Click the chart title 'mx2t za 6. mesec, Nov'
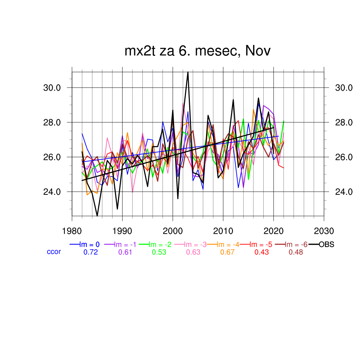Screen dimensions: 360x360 coord(198,51)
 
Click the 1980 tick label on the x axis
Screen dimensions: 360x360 coord(72,231)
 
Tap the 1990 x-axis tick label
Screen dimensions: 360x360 coord(122,231)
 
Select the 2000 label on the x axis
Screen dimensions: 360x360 coord(173,231)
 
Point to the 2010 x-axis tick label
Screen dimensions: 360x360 coord(223,231)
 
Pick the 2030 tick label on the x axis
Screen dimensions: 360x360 coord(323,231)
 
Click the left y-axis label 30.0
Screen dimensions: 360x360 coord(52,88)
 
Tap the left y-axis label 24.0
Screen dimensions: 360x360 coord(52,192)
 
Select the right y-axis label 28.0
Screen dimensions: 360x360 coord(343,122)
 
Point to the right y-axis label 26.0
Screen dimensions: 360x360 coord(343,157)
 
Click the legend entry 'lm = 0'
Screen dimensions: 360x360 coord(90,244)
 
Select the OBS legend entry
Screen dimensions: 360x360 coord(326,244)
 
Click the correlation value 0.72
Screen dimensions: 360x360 coord(90,252)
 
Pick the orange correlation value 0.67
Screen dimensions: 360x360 coord(227,252)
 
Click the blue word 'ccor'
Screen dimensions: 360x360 coord(54,252)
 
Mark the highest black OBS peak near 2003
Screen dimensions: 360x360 coord(188,72)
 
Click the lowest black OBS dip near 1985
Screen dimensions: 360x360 coord(97,215)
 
